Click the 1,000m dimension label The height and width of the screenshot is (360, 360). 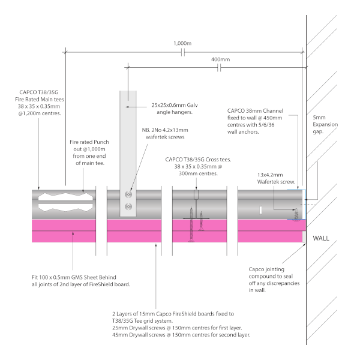coord(182,43)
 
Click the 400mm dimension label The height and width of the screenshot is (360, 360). coord(220,59)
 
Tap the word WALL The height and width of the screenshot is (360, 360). coord(321,238)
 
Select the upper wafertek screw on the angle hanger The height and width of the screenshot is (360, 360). coord(128,194)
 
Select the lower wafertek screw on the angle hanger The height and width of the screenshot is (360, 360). coord(128,206)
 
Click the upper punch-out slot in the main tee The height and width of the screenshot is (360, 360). coord(65,197)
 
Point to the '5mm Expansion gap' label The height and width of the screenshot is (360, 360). coord(325,124)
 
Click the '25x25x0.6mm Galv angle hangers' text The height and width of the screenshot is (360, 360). coord(175,109)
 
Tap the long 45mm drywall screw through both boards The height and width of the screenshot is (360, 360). coord(191,224)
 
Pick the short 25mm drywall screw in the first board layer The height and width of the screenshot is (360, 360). coord(201,221)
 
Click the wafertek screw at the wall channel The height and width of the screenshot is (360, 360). coord(296,215)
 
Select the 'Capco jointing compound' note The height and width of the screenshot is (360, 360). coord(274,280)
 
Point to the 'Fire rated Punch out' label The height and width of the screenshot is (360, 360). coord(89,152)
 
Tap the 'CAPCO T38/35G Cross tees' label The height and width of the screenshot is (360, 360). coord(198,166)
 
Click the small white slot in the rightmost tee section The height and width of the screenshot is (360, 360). coord(260,210)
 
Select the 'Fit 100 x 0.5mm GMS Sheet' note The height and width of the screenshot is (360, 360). coord(81,281)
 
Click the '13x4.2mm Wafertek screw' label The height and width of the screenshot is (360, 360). coord(276,178)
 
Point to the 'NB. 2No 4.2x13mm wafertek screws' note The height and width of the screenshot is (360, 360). coord(165,134)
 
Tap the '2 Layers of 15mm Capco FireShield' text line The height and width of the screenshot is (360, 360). coord(173,314)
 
